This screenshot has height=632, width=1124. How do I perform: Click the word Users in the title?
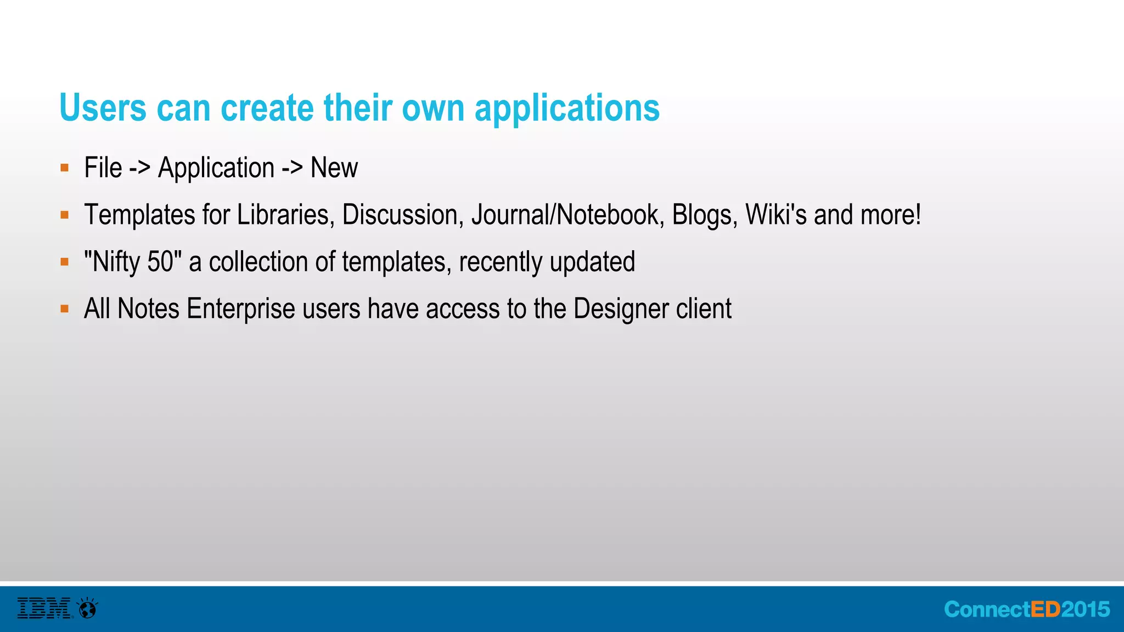pos(103,108)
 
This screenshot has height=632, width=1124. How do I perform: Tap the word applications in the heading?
pos(567,109)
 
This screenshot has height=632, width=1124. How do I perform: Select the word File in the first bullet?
pos(103,167)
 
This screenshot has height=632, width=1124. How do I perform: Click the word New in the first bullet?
pos(334,167)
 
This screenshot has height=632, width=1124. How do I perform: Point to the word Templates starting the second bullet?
pos(139,215)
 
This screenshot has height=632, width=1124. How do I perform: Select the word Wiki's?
pos(776,215)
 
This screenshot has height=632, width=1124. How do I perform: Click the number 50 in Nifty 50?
pos(160,262)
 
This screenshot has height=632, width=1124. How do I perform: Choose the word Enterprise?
pos(241,309)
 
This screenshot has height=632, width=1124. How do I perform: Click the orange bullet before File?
pos(65,168)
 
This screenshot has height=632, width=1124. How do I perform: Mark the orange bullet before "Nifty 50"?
pos(65,262)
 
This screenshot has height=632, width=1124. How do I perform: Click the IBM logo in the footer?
pos(44,608)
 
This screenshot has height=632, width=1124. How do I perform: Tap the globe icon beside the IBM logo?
pos(88,608)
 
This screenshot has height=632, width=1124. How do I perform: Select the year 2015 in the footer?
pos(1086,610)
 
